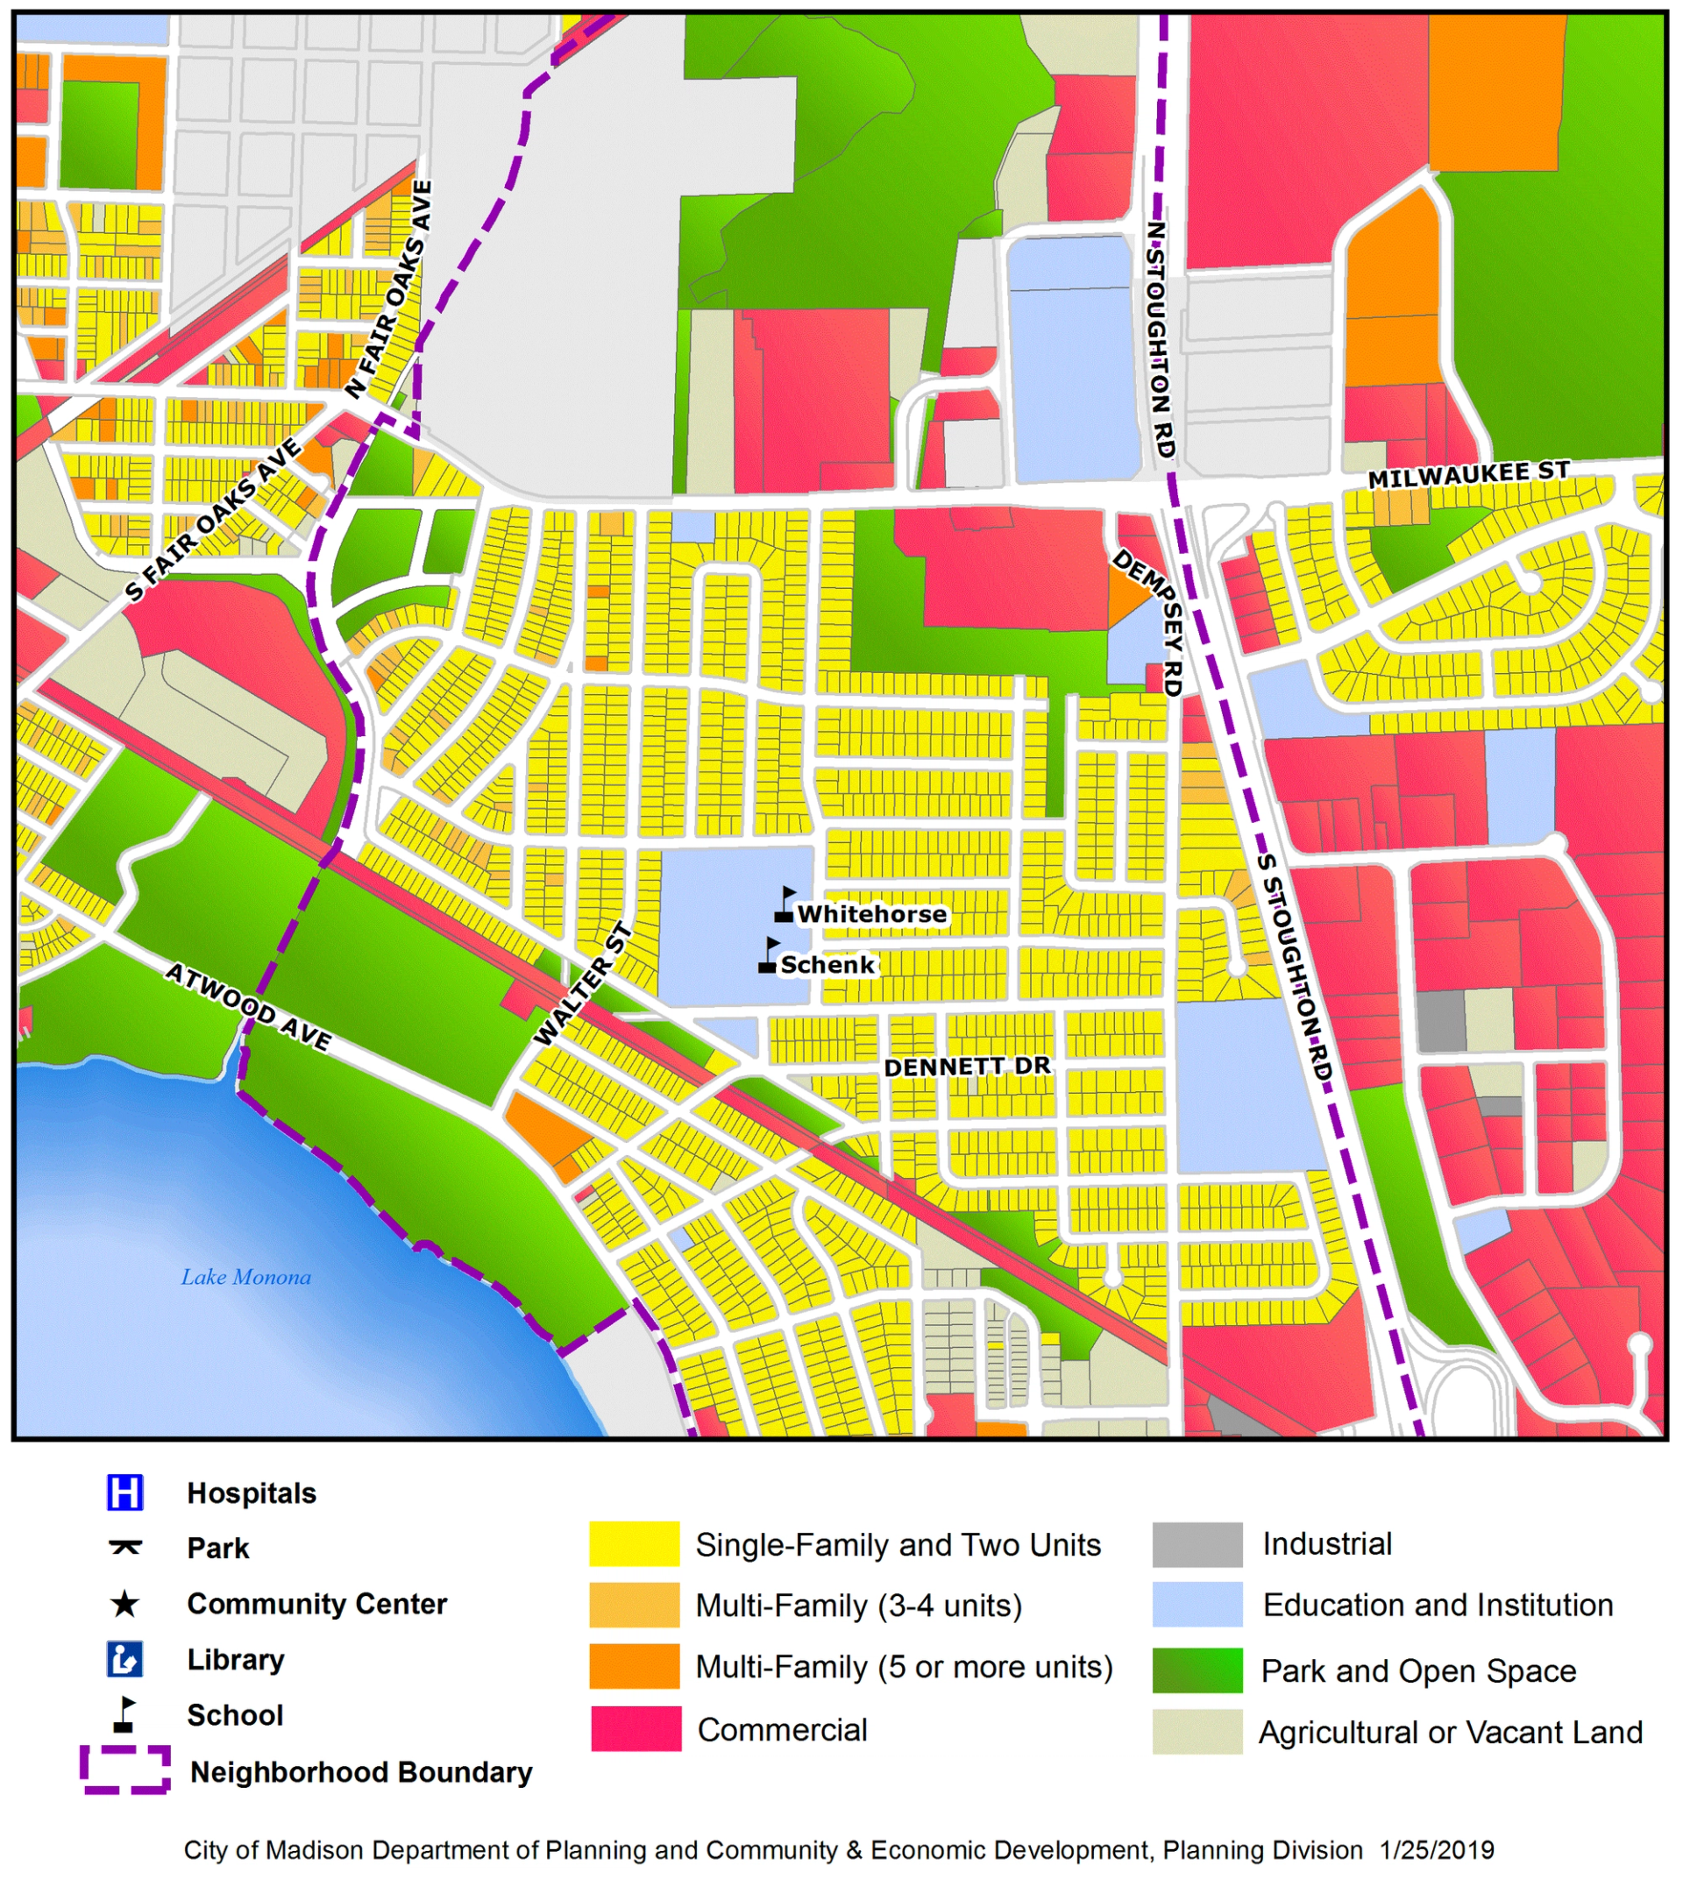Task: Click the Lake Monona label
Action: pos(245,1277)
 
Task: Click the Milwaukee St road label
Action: pos(1468,475)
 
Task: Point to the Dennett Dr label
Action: pos(967,1067)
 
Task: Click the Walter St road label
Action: pos(584,985)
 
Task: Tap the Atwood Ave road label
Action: pos(248,1007)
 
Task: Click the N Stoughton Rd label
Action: pos(1160,339)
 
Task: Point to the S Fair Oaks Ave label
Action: pos(214,520)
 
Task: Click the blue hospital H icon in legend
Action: pos(125,1492)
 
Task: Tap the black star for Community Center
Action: pos(125,1604)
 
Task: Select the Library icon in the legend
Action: pos(125,1660)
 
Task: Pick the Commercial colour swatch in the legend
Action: pos(636,1729)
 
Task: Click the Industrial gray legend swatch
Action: pos(1197,1544)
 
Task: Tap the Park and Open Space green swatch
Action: pos(1197,1670)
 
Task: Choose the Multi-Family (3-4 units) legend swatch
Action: pos(636,1605)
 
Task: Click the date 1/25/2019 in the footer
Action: pos(1437,1850)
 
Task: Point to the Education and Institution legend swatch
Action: pos(1197,1605)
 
